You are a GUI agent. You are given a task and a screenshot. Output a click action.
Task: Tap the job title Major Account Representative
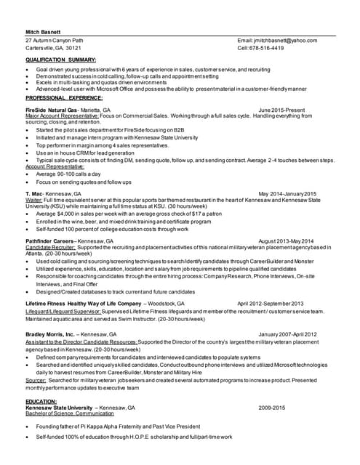tap(62, 116)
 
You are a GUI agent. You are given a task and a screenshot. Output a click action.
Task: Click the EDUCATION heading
tap(41, 401)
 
